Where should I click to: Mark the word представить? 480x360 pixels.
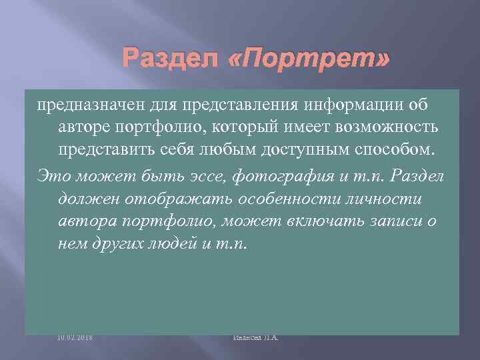coord(106,148)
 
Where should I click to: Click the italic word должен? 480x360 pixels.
coord(81,198)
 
